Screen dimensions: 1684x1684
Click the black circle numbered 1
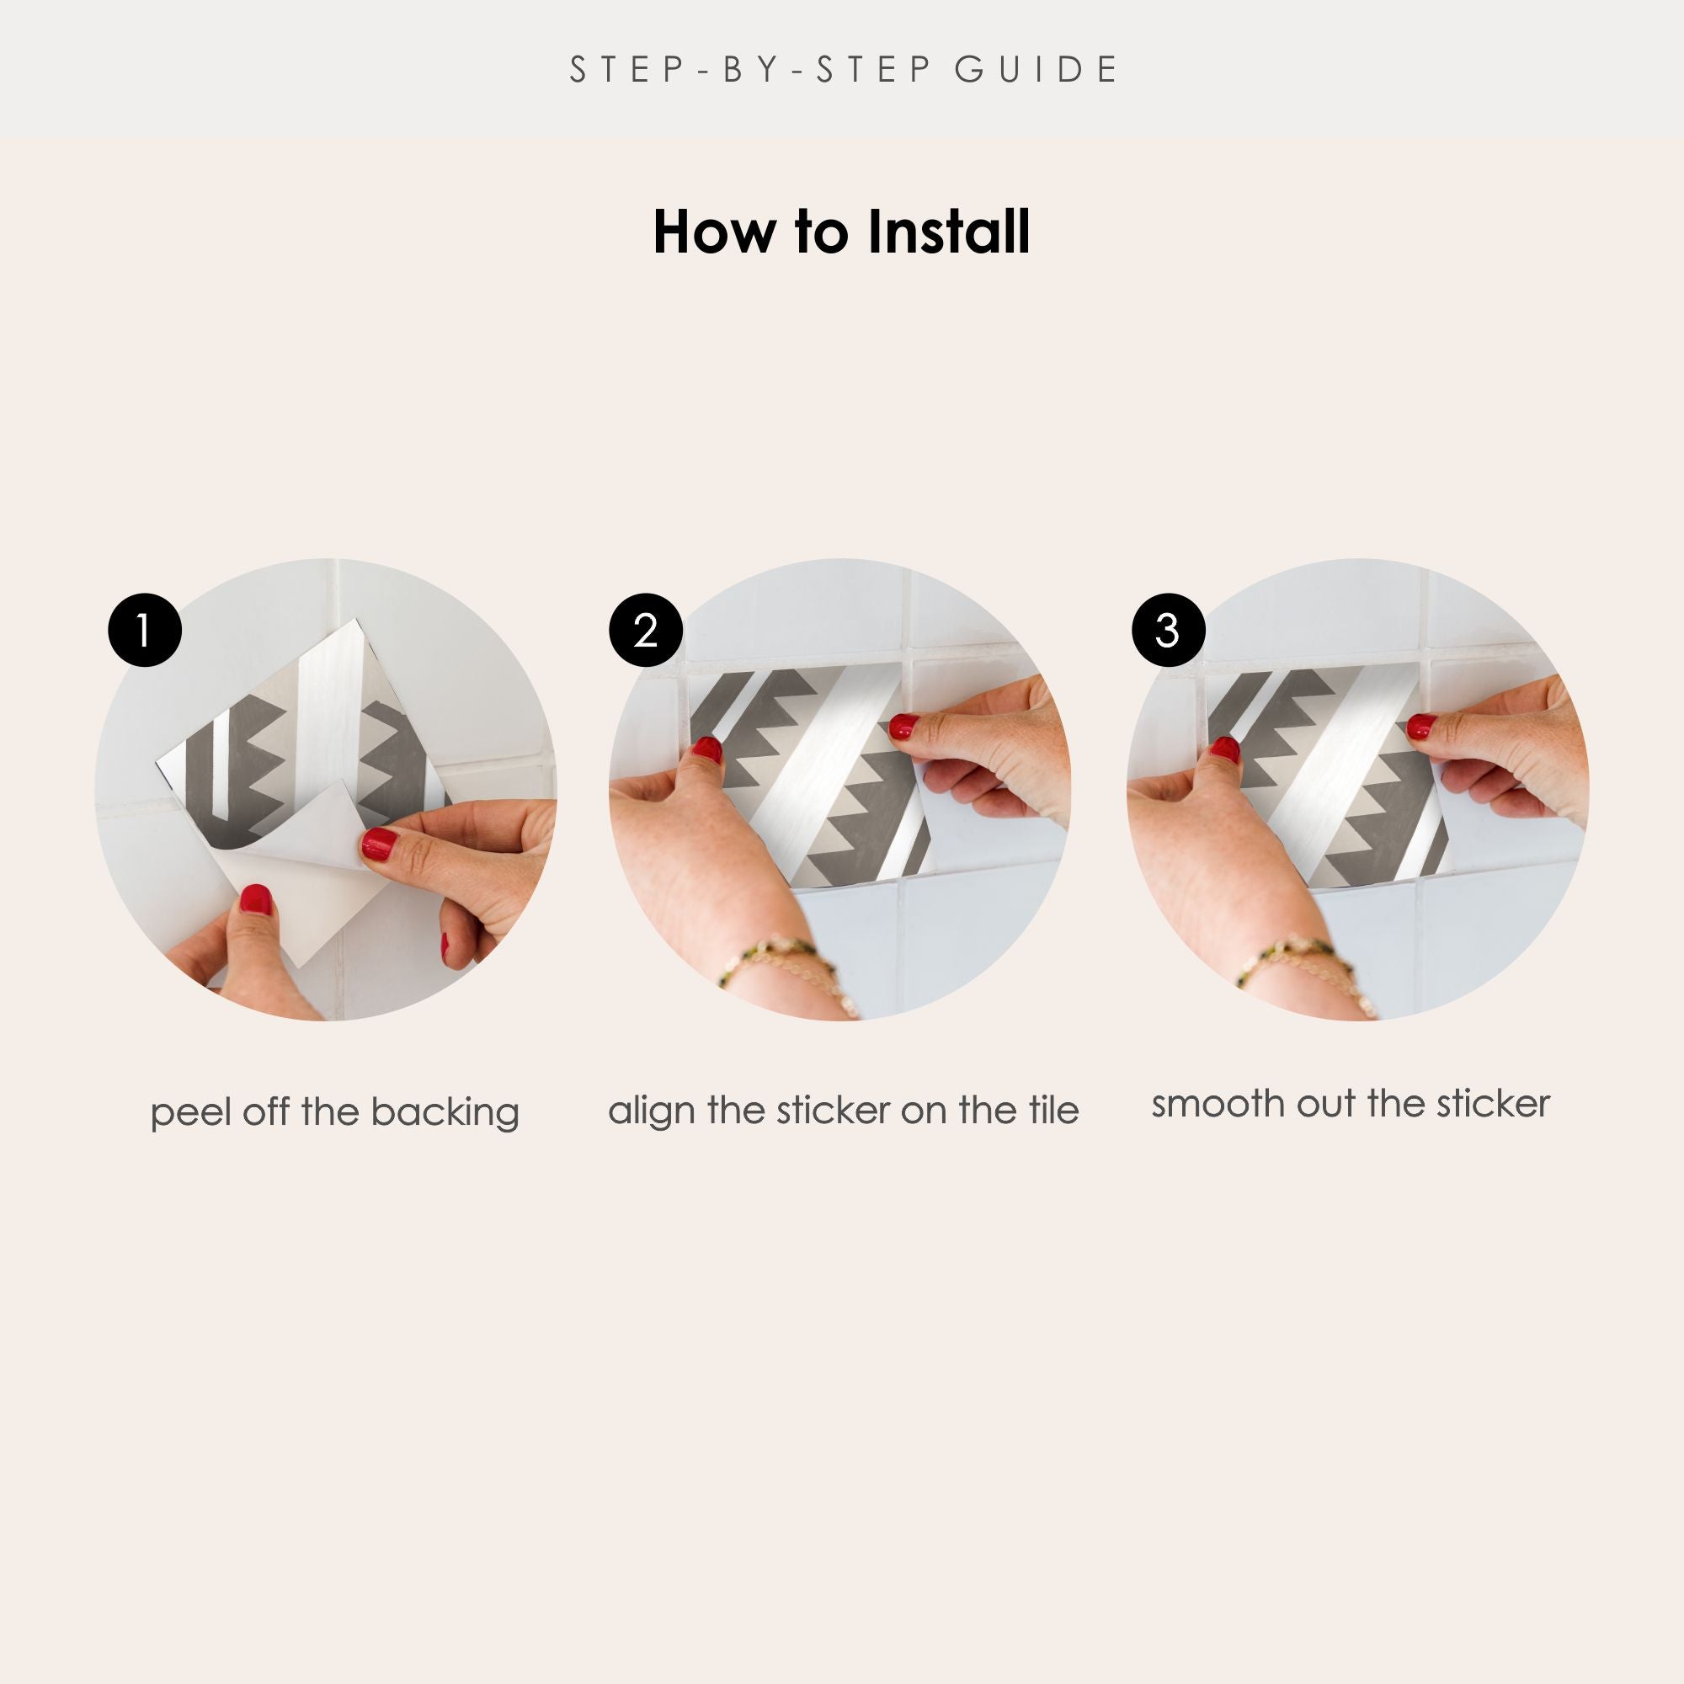click(x=145, y=630)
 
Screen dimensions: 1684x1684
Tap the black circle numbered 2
click(x=646, y=630)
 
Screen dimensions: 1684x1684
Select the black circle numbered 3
click(x=1168, y=630)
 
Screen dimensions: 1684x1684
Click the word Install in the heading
click(x=949, y=232)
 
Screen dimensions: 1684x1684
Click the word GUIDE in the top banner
click(x=1036, y=70)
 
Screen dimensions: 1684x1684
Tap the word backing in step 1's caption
click(x=445, y=1113)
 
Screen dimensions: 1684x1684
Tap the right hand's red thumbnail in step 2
click(x=903, y=726)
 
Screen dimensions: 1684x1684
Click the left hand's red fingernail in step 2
click(x=707, y=749)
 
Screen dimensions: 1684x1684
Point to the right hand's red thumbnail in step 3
click(x=1422, y=725)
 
